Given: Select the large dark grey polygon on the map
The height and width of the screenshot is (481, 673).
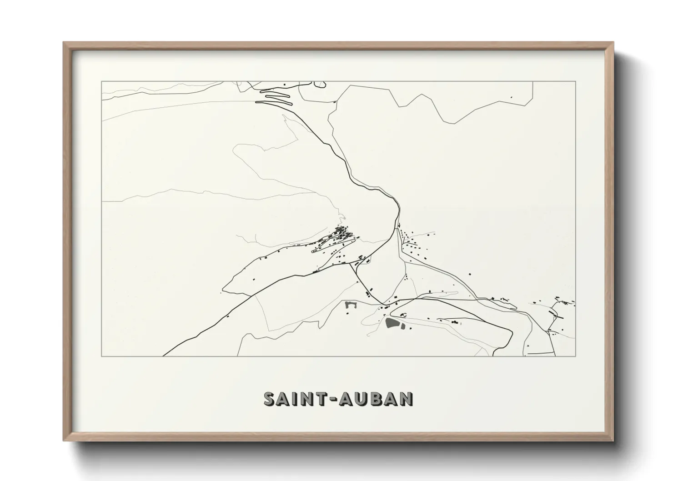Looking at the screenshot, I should [392, 323].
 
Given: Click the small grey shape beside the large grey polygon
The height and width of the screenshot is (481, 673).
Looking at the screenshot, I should [403, 326].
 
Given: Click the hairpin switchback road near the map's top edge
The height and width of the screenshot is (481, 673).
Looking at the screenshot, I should [273, 98].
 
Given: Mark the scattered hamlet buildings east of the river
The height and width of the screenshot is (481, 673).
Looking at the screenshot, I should [412, 246].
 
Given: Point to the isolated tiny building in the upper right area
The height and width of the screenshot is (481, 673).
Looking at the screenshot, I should [511, 97].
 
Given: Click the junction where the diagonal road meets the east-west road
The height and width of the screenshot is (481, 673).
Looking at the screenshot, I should [384, 304].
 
